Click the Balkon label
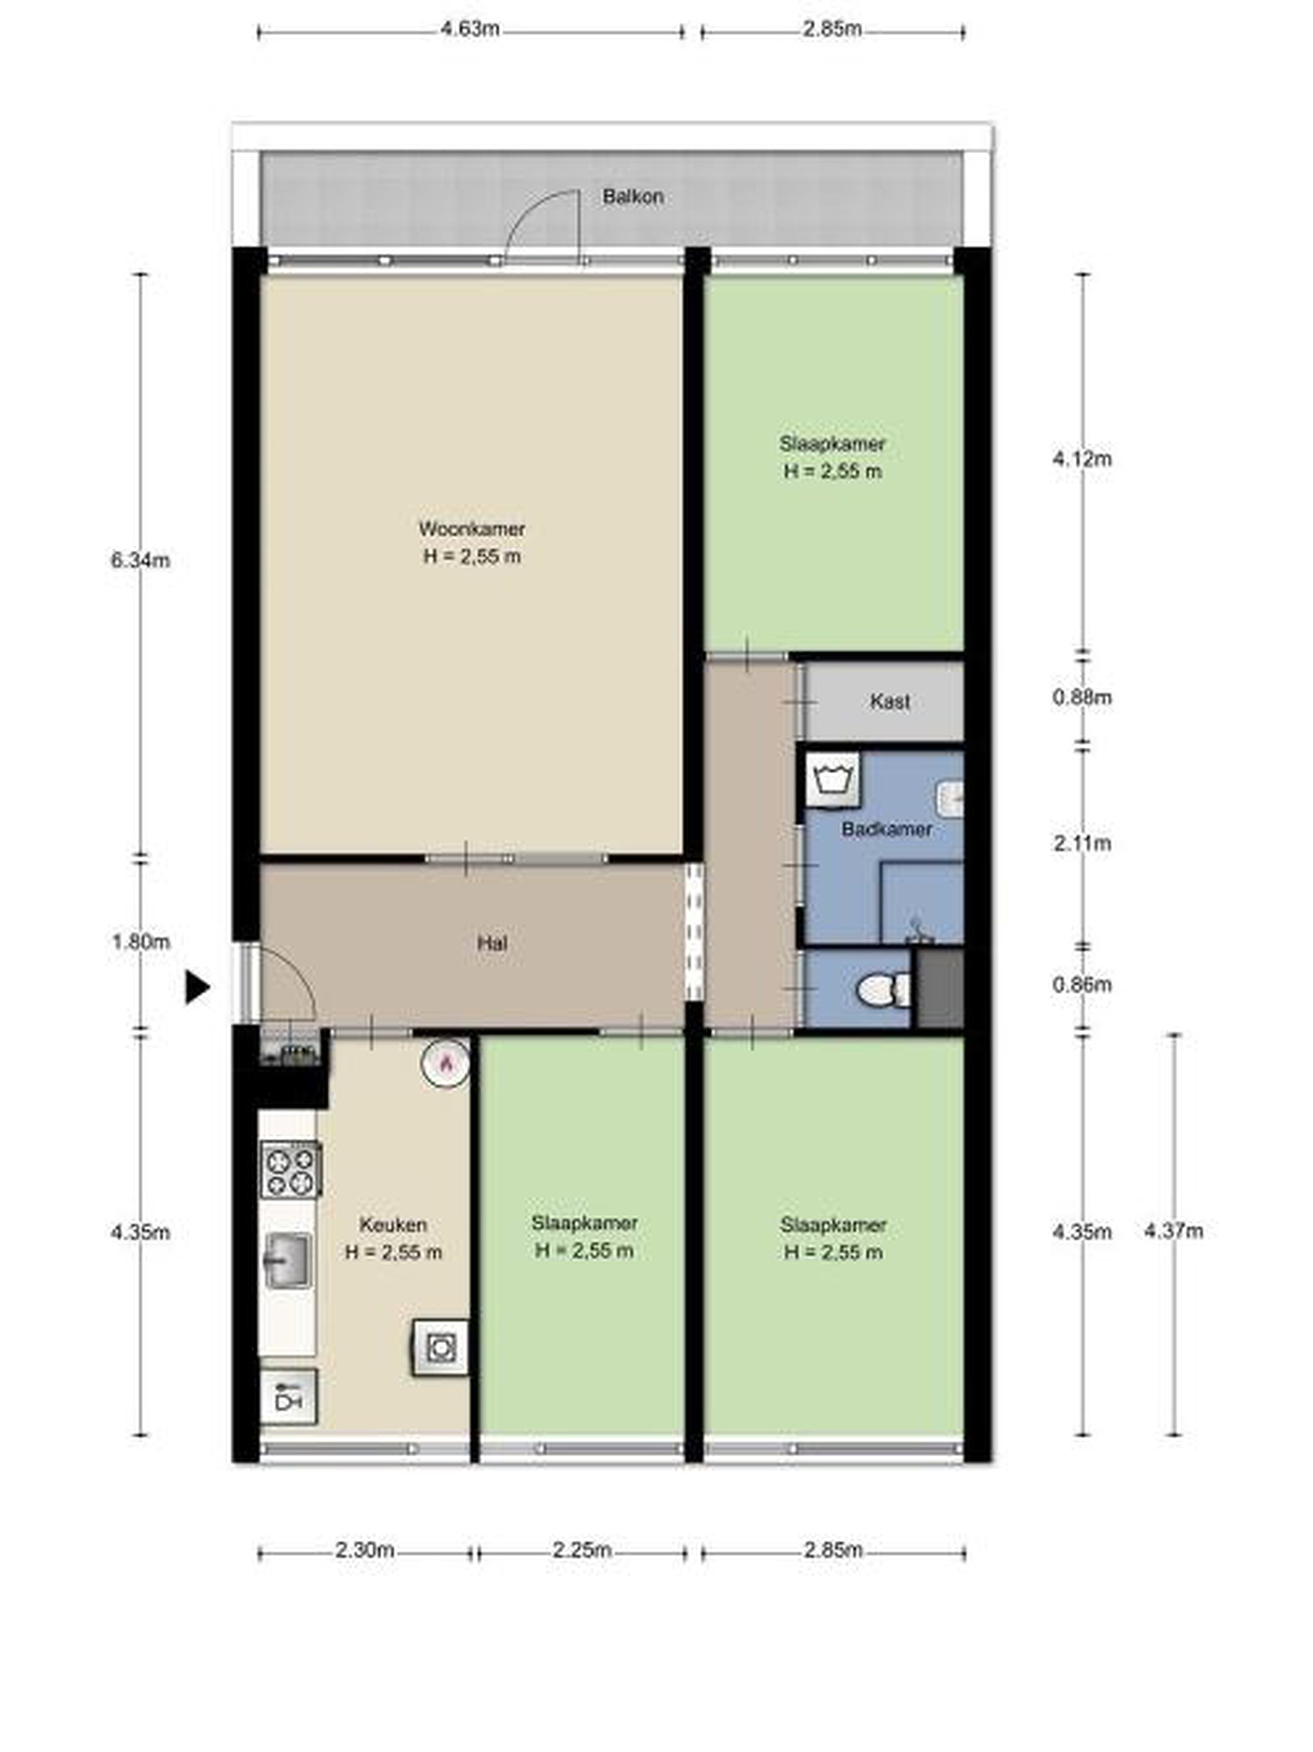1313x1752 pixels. pos(632,196)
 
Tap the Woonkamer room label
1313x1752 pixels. pos(472,528)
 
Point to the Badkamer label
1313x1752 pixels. pos(886,829)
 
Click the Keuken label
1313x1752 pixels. pos(393,1225)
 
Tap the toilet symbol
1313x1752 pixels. pos(883,989)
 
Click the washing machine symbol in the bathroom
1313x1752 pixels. pos(832,779)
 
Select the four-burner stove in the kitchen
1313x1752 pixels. pos(291,1169)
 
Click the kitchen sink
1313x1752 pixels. pos(287,1259)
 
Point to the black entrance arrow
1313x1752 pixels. pos(197,988)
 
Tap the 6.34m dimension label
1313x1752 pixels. pos(141,561)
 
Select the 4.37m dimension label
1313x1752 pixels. pos(1172,1231)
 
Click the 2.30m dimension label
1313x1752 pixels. pos(364,1550)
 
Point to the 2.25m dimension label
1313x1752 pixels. pos(582,1550)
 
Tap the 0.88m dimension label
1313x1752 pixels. pos(1082,698)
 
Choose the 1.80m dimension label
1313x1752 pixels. pos(141,942)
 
